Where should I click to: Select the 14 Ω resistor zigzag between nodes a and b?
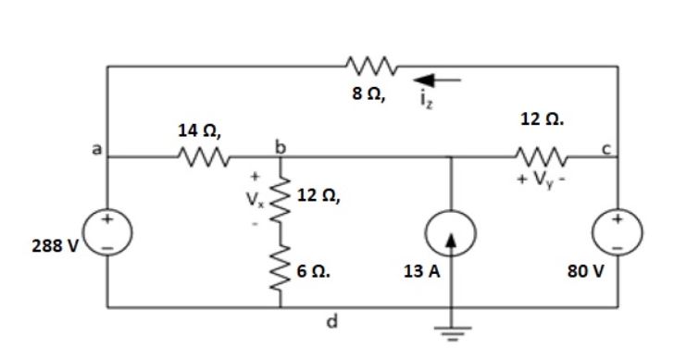click(x=203, y=156)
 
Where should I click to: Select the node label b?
click(x=277, y=145)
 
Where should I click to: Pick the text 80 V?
click(x=584, y=274)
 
